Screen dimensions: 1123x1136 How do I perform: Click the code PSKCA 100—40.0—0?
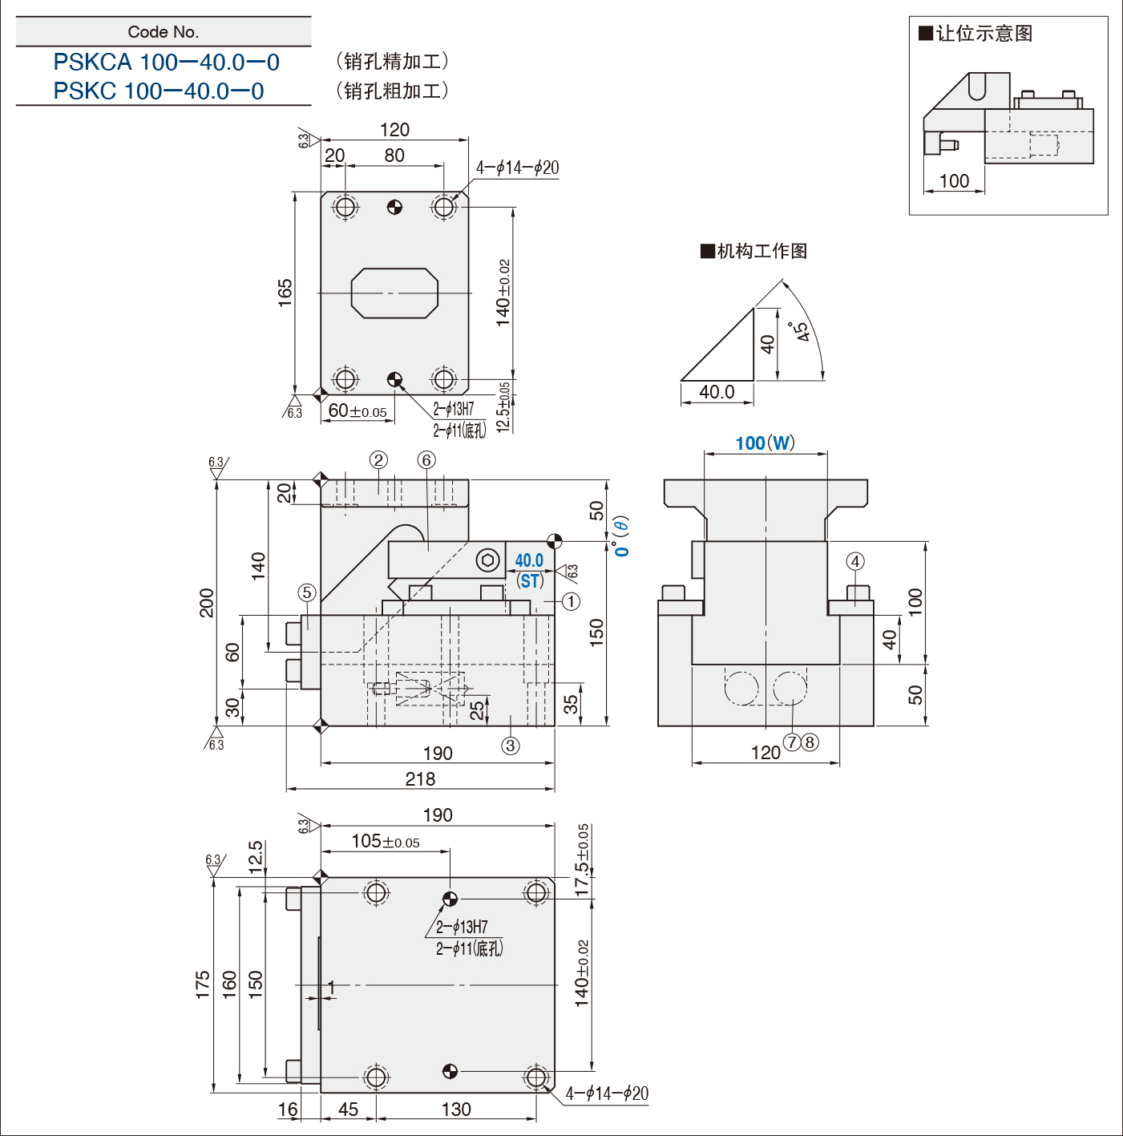tap(166, 63)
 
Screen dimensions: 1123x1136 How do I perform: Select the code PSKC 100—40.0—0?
tap(159, 91)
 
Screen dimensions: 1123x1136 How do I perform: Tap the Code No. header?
tap(164, 32)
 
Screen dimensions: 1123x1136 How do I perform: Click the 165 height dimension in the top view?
tap(285, 293)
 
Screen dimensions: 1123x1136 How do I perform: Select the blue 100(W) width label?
tap(765, 443)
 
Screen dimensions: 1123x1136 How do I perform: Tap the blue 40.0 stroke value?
tap(529, 560)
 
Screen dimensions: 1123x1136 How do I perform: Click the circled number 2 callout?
tap(378, 460)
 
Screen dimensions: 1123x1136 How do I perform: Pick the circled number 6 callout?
tap(426, 460)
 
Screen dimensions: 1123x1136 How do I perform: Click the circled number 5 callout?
tap(306, 593)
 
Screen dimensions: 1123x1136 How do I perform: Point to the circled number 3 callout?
tap(511, 746)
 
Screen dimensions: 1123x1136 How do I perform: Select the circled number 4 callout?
tap(855, 561)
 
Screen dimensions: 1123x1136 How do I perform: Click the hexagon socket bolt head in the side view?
tap(487, 560)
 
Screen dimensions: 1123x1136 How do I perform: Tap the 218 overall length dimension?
tap(420, 779)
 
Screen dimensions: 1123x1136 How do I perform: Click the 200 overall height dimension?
tap(207, 603)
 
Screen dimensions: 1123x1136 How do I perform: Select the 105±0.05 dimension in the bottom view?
tap(386, 841)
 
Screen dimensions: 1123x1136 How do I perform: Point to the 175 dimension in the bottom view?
tap(202, 984)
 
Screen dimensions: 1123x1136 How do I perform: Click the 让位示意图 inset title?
tap(976, 34)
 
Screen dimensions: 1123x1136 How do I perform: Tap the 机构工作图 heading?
tap(754, 251)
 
